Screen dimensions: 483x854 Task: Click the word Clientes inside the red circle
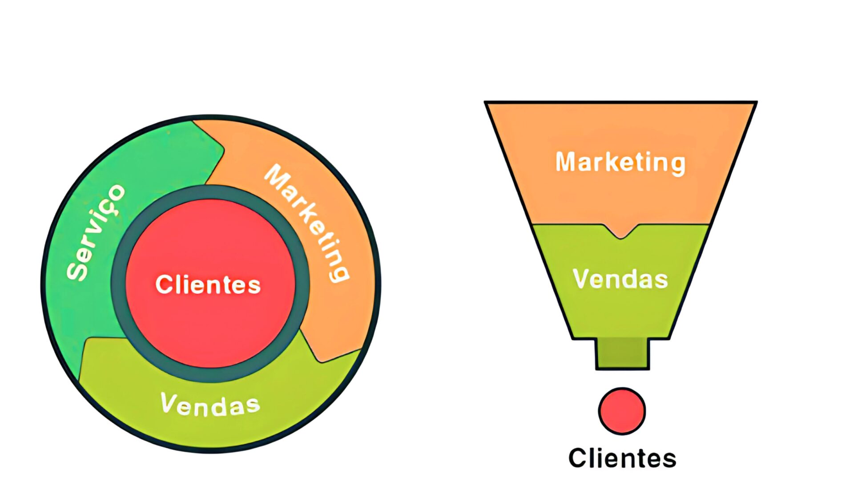coord(208,284)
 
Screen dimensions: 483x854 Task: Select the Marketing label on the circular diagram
coord(307,223)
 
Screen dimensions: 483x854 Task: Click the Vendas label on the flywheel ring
coord(210,404)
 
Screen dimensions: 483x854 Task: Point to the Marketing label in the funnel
coord(620,162)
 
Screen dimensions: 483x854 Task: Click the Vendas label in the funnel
coord(620,279)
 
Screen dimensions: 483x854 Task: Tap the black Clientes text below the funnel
coord(622,458)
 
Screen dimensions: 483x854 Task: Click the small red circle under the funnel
coord(622,411)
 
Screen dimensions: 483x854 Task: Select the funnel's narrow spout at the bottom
coord(622,353)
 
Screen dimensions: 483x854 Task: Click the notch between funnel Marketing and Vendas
coord(620,233)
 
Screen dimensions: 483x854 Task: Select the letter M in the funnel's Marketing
coord(566,162)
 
